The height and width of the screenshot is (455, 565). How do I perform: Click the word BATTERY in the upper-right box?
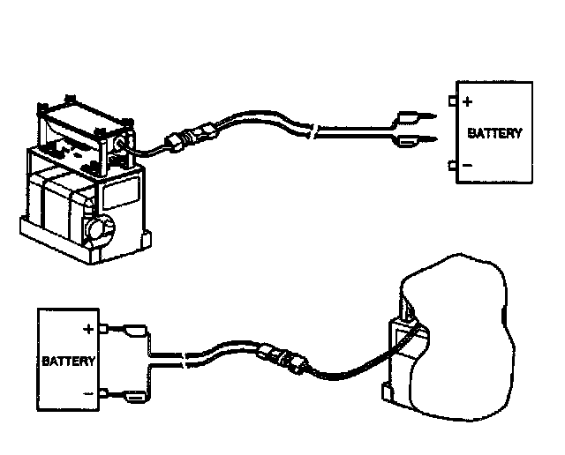click(495, 134)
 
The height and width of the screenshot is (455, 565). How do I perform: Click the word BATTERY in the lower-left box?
click(68, 362)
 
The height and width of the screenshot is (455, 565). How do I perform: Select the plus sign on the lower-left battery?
click(88, 328)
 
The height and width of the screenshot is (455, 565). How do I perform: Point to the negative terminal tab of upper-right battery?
click(451, 165)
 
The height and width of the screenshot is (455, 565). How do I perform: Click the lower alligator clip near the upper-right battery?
click(410, 140)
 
